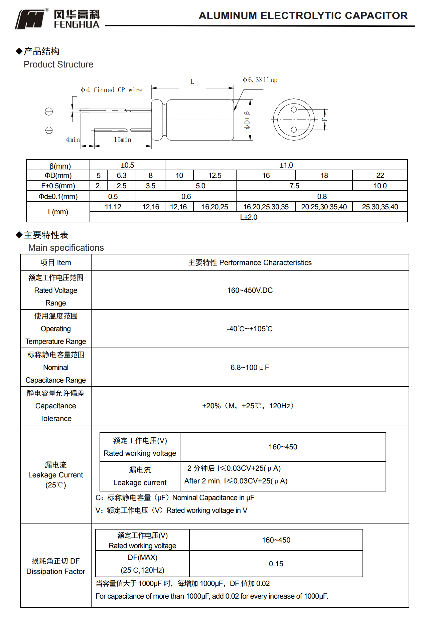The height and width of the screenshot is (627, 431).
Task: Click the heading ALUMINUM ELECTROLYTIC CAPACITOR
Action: pyautogui.click(x=303, y=16)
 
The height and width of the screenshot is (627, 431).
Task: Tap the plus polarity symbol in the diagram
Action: pyautogui.click(x=49, y=112)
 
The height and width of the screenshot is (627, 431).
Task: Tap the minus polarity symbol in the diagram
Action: pyautogui.click(x=49, y=130)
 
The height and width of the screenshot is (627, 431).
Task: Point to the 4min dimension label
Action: pyautogui.click(x=73, y=140)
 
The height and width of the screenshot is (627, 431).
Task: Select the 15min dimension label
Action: pyautogui.click(x=122, y=140)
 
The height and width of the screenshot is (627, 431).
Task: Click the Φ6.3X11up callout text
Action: pyautogui.click(x=260, y=80)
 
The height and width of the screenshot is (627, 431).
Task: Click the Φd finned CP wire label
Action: pyautogui.click(x=112, y=90)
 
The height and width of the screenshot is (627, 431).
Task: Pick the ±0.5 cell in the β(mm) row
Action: pyautogui.click(x=127, y=165)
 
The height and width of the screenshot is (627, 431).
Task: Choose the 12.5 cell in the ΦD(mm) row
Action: pyautogui.click(x=214, y=175)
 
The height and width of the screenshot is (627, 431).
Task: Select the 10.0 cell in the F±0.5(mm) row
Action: pyautogui.click(x=380, y=186)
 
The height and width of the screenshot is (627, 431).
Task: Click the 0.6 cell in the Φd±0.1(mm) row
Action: pyautogui.click(x=186, y=196)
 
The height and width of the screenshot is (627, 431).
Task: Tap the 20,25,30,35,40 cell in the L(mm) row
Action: pyautogui.click(x=324, y=207)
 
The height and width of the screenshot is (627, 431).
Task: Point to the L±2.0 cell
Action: pyautogui.click(x=249, y=217)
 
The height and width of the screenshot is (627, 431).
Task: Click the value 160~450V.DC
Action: pyautogui.click(x=250, y=290)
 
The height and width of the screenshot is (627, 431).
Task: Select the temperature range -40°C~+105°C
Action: pyautogui.click(x=250, y=329)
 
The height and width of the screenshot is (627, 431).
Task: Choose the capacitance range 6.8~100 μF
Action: pyautogui.click(x=250, y=367)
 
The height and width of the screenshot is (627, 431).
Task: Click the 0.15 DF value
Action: pyautogui.click(x=276, y=564)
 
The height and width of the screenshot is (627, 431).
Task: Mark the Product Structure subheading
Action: pyautogui.click(x=58, y=64)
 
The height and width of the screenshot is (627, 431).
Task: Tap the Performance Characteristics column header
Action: pyautogui.click(x=250, y=262)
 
